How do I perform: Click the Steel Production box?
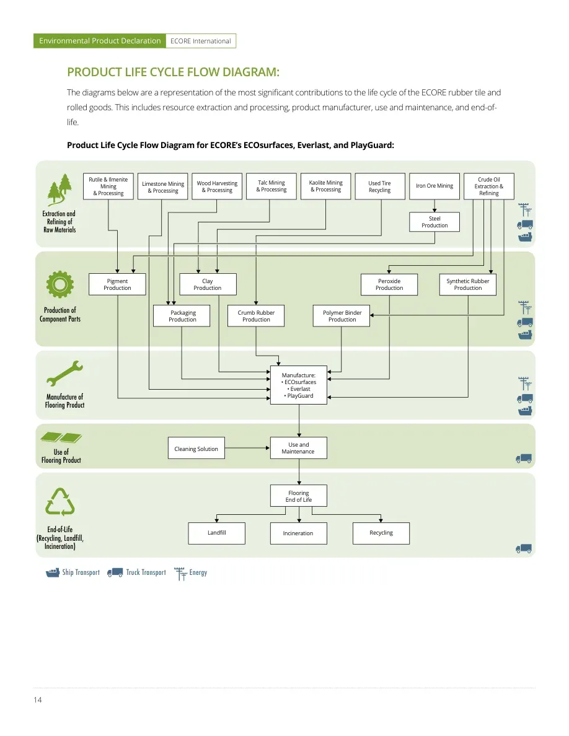pos(434,222)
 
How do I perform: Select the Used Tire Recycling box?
pos(380,186)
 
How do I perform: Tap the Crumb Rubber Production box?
pos(256,316)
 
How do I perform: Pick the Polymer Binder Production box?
pos(342,316)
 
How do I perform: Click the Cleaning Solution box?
pos(196,449)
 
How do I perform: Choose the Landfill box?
pos(216,533)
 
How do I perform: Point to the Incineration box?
pos(299,533)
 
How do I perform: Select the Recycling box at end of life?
pos(381,533)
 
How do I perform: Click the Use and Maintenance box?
pos(299,449)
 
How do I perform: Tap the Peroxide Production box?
pos(389,284)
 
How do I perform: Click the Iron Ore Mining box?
pos(434,186)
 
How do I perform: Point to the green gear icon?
pos(60,284)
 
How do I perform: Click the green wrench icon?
pos(65,373)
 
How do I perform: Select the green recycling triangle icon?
pos(60,502)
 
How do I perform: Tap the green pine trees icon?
pos(60,190)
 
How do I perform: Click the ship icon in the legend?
pos(53,572)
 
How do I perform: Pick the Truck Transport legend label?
pos(146,572)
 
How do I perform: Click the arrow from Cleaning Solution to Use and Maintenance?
pos(247,449)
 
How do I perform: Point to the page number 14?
pos(38,700)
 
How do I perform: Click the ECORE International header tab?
pos(201,41)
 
